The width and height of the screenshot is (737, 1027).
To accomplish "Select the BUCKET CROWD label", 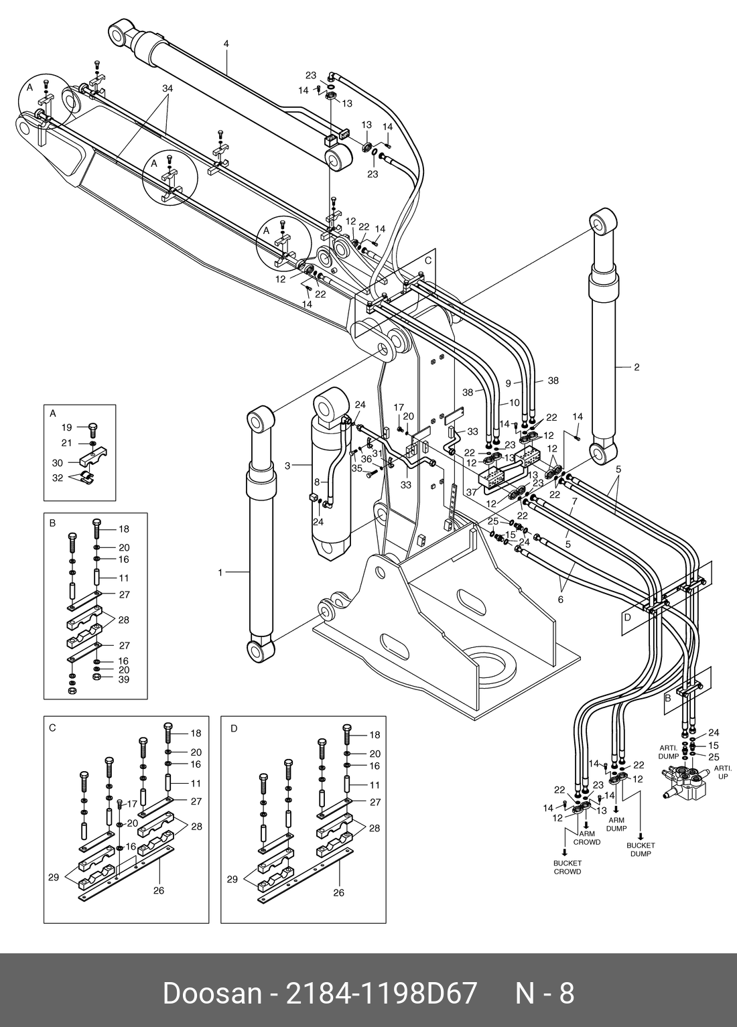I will (567, 867).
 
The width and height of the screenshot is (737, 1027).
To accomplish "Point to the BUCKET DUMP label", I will (641, 849).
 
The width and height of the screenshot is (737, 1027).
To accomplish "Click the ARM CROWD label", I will (586, 838).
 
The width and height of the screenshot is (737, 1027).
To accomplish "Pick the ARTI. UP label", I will (722, 772).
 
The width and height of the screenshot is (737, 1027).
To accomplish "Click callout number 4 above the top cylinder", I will (226, 44).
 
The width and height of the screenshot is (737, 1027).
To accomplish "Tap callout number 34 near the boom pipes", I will (167, 88).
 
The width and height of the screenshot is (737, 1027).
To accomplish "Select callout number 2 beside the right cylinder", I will (636, 367).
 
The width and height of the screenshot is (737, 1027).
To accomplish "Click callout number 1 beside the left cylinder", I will (220, 572).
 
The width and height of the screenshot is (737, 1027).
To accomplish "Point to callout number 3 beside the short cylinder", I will (287, 465).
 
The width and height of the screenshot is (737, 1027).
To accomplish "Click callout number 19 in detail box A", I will (66, 427).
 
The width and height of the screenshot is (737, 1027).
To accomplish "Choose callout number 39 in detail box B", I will (123, 679).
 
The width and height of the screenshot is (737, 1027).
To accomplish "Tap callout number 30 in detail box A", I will (58, 462).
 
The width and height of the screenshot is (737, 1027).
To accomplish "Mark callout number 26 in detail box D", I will (339, 892).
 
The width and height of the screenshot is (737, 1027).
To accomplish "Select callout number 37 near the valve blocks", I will (471, 492).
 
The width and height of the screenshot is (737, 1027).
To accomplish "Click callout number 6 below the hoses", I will (560, 600).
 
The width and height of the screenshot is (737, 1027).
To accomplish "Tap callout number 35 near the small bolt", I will (357, 469).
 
